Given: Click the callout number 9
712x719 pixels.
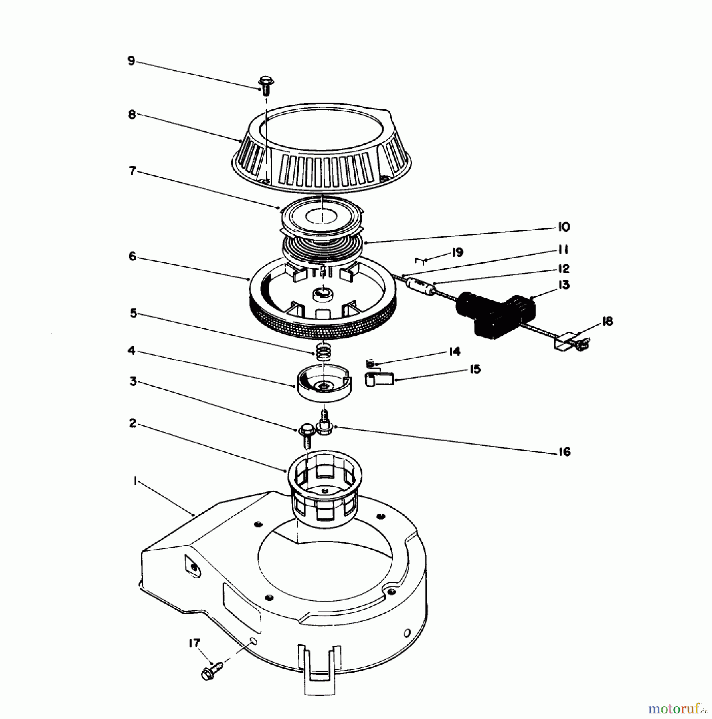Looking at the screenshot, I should pyautogui.click(x=131, y=61).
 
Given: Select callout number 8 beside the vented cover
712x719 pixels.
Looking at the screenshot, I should pyautogui.click(x=132, y=115).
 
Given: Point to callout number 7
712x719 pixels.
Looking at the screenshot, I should pyautogui.click(x=132, y=171).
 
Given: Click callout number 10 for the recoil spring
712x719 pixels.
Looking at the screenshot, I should pyautogui.click(x=564, y=227).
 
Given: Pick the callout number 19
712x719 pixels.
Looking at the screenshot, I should pyautogui.click(x=457, y=252).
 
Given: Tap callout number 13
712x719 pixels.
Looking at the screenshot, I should pyautogui.click(x=564, y=285).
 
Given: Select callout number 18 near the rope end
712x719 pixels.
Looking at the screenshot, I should pyautogui.click(x=607, y=321).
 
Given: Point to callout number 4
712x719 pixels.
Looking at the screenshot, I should pyautogui.click(x=131, y=351).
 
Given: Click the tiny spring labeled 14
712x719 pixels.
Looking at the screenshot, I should pyautogui.click(x=370, y=363).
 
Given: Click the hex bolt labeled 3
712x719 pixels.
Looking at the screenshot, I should pyautogui.click(x=306, y=436).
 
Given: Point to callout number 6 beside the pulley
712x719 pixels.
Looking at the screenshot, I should pyautogui.click(x=132, y=256).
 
